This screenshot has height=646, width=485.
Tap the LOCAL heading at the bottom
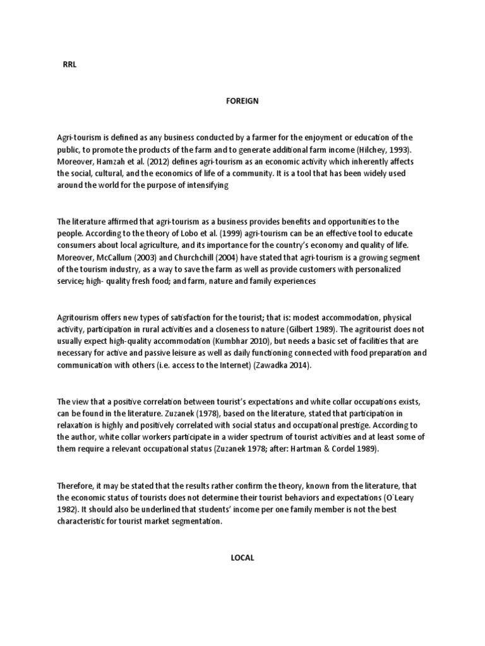click(242, 558)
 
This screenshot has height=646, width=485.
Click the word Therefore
click(78, 486)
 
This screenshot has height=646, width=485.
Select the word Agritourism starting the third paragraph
click(79, 317)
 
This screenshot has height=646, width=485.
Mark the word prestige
click(349, 425)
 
